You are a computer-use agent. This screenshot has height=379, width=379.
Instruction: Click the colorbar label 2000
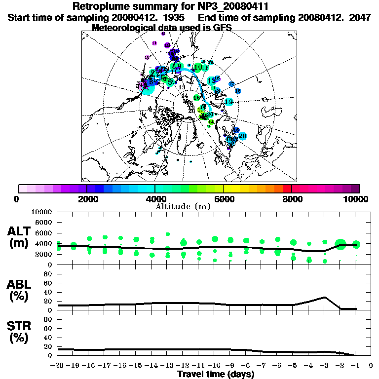pyautogui.click(x=87, y=199)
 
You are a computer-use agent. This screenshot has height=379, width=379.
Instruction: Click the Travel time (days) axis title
pyautogui.click(x=216, y=374)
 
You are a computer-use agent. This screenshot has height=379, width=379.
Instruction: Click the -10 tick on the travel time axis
pyautogui.click(x=215, y=366)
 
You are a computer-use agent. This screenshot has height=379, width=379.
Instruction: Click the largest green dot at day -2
pyautogui.click(x=340, y=244)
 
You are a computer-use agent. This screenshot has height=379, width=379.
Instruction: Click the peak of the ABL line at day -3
pyautogui.click(x=325, y=297)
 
